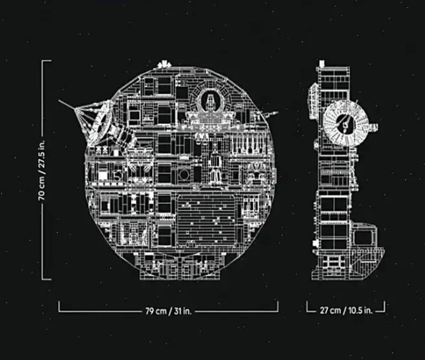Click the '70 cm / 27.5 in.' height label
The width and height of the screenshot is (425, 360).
tap(42, 170)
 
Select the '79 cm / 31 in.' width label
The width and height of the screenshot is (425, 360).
tap(168, 311)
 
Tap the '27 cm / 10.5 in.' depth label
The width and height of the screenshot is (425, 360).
tap(346, 310)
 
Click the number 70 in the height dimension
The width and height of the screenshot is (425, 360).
tap(42, 195)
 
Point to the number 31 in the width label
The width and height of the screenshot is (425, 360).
tap(177, 311)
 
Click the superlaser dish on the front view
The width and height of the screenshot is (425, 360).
tap(102, 122)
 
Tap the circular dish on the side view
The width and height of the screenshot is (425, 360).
tap(346, 123)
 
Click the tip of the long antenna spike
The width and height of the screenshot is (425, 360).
tap(59, 101)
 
